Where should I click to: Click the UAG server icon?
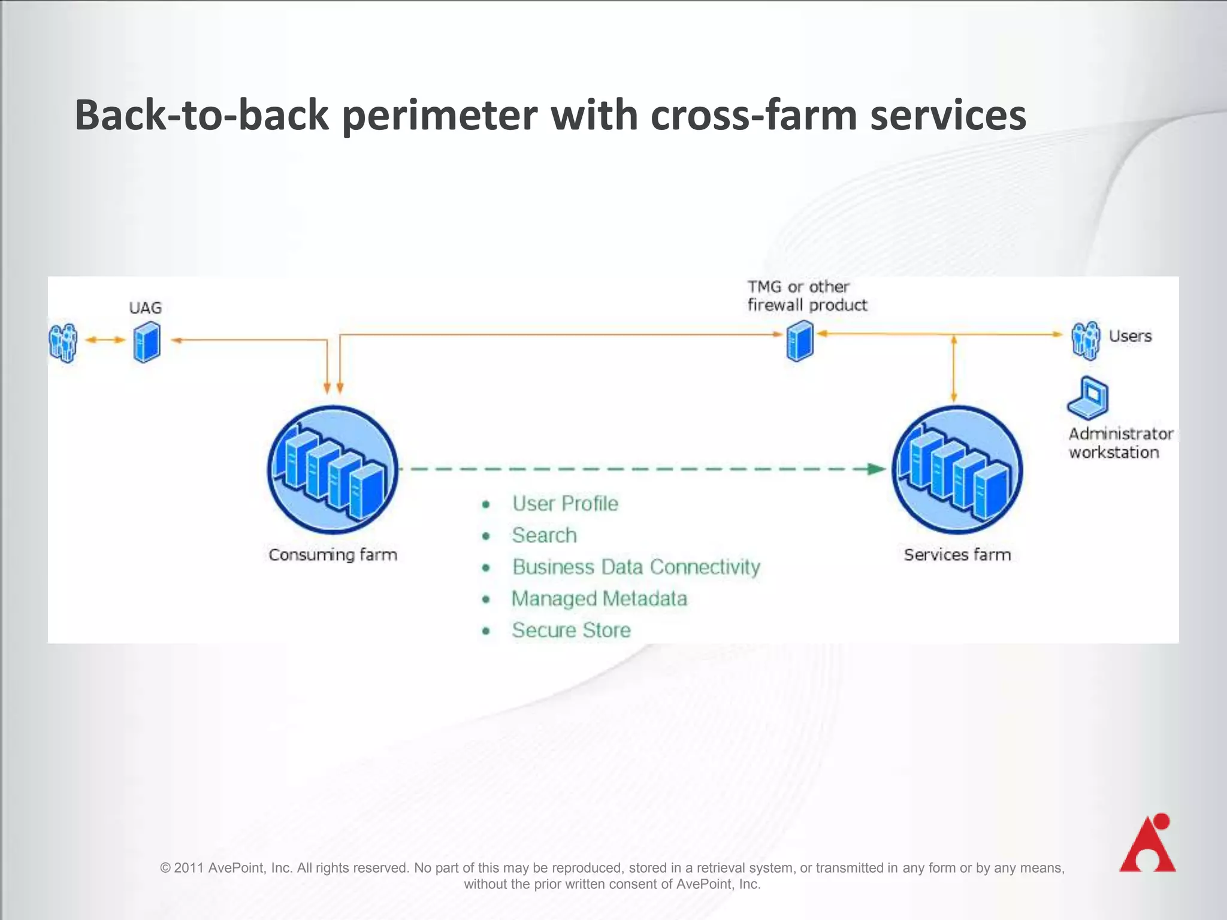147,342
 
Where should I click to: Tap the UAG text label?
145,308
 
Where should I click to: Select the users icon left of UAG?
63,343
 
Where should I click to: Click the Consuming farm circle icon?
333,470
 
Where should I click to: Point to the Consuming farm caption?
333,555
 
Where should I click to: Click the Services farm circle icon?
957,470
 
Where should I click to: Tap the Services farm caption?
957,555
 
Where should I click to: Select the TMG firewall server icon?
800,340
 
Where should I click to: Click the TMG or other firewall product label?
806,296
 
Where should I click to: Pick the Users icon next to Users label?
1086,340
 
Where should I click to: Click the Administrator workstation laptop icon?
1088,398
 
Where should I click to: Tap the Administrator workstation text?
1119,443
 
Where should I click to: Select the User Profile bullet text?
565,504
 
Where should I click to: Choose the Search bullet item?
544,535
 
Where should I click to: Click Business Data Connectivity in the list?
636,567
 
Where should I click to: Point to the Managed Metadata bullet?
599,598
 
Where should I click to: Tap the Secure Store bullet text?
571,630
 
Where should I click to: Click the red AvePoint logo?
1148,843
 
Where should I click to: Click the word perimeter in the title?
439,115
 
